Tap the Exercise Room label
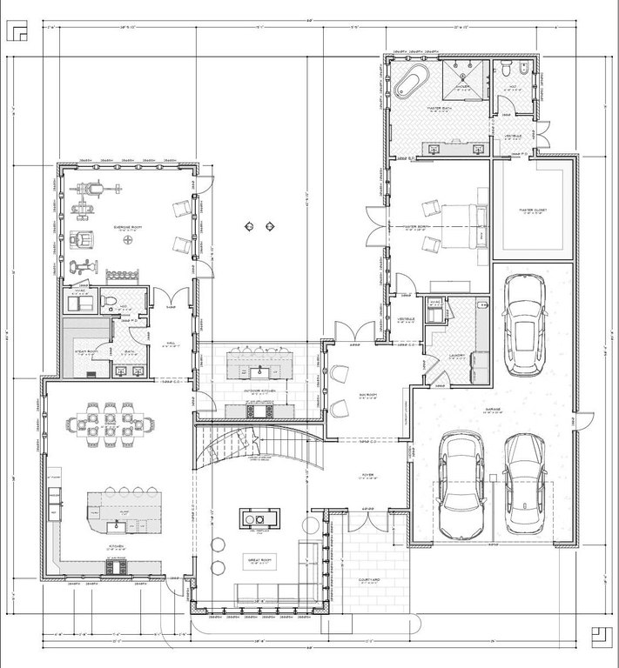coord(129,227)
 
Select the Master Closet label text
coord(532,210)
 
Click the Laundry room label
coord(457,354)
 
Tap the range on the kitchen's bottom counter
coord(117,567)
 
